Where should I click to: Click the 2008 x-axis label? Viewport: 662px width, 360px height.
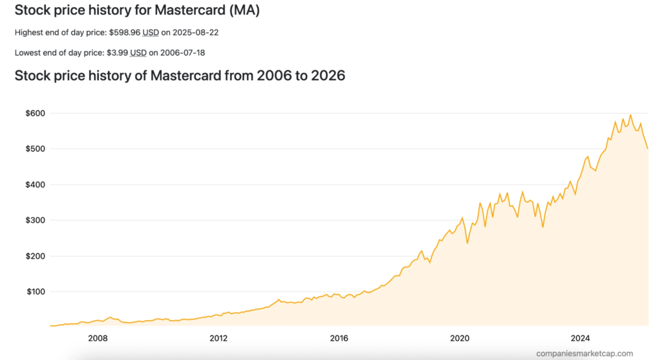tap(98, 338)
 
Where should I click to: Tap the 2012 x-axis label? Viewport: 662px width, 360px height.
tap(219, 338)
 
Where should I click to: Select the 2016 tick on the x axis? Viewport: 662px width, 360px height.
tap(339, 338)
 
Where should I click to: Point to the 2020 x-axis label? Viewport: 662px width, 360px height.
tap(460, 338)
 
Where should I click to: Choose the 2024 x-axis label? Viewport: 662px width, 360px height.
tap(581, 338)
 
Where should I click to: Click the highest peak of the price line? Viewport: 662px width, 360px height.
tap(630, 115)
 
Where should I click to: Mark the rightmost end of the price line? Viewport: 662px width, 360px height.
tap(648, 149)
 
